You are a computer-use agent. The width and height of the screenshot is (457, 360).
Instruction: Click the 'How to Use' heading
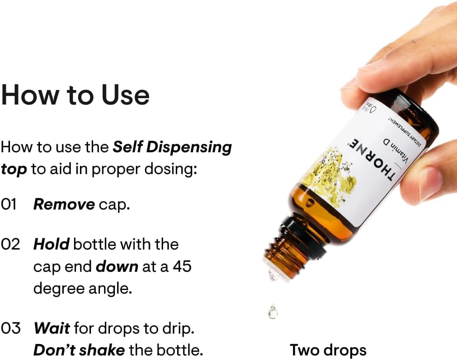coord(75,95)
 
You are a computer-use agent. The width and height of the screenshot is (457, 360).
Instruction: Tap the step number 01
coord(9,205)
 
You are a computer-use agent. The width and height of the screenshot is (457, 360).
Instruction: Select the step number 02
coord(10,244)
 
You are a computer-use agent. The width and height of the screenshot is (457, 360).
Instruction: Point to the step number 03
coord(10,328)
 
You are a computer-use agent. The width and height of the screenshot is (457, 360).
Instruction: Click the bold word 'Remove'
coord(64,205)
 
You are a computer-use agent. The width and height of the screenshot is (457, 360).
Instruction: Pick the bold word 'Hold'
coord(51,244)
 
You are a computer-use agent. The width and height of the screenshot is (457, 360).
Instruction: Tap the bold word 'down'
coord(117,266)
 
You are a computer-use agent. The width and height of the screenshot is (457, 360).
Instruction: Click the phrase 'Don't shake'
coord(79,350)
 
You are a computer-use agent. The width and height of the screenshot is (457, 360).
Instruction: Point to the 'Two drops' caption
coord(328,350)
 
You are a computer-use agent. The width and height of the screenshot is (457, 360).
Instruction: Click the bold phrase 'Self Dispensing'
coord(172,147)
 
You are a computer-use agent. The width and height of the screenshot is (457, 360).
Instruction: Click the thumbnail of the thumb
coord(432,182)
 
